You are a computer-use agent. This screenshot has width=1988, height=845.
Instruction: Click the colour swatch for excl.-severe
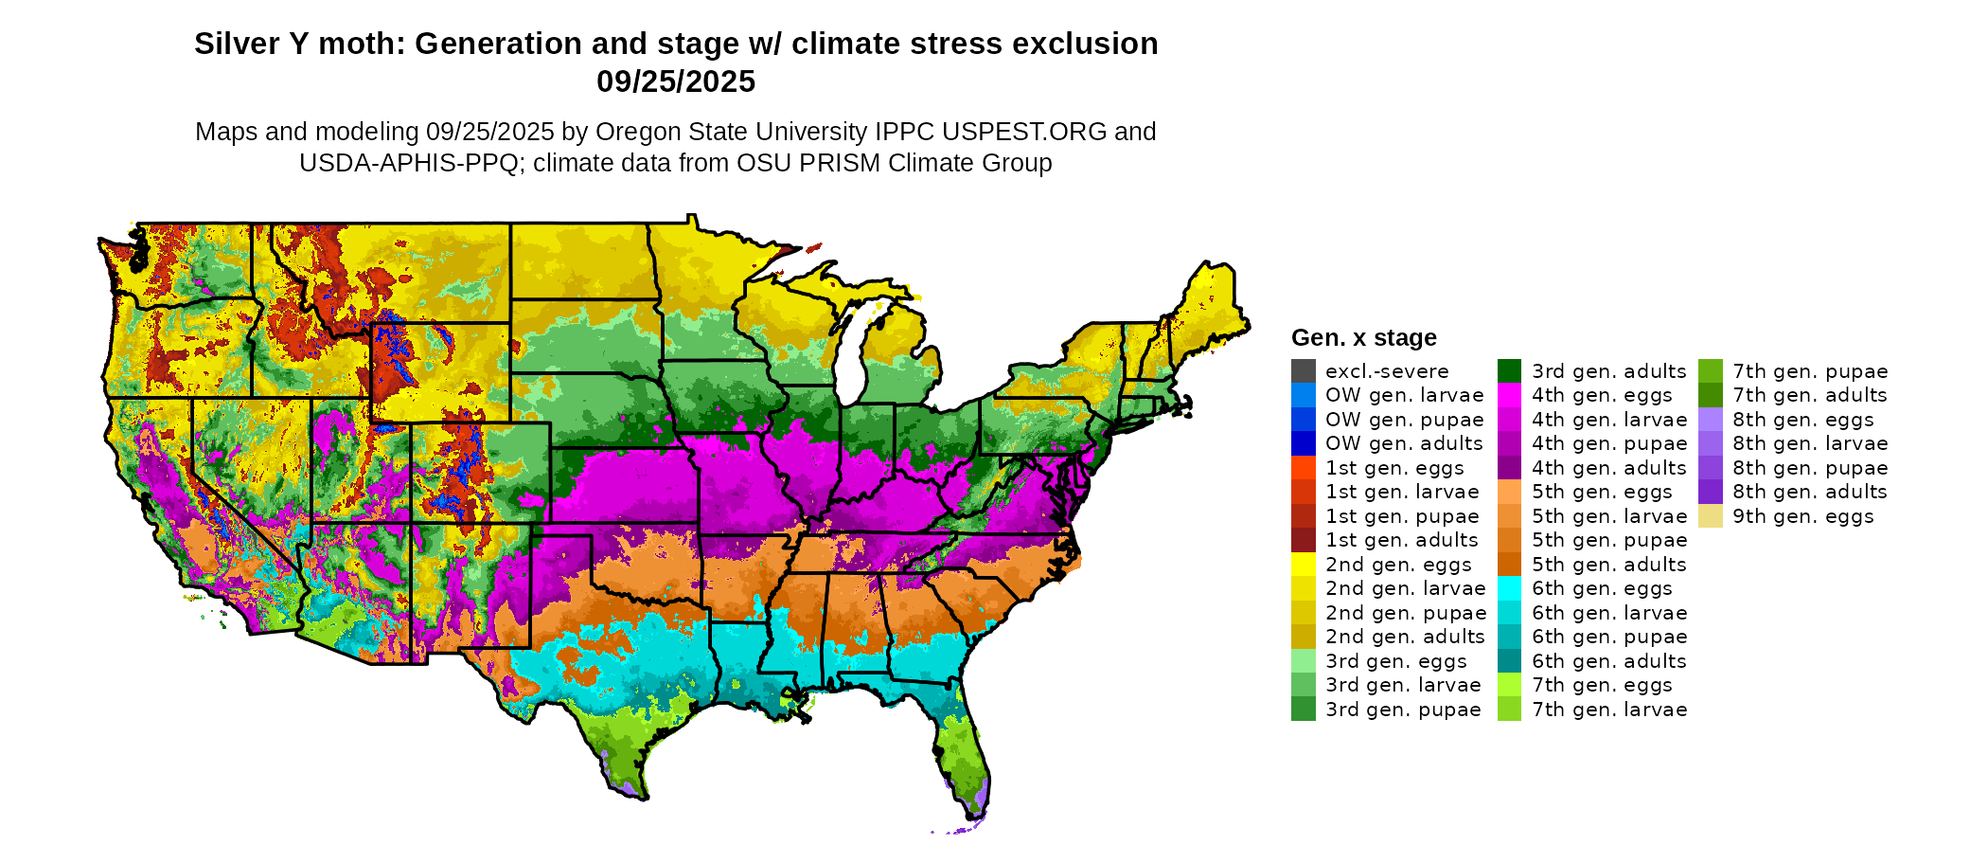tap(1303, 371)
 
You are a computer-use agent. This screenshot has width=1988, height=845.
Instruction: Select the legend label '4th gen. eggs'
tap(1602, 396)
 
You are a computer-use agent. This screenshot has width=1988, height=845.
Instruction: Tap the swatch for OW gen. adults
tap(1303, 443)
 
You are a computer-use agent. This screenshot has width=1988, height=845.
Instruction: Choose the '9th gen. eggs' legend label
tap(1802, 516)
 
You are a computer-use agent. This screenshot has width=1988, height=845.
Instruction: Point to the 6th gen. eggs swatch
tap(1509, 588)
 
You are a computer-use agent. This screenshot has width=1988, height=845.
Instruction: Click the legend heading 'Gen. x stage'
tap(1363, 338)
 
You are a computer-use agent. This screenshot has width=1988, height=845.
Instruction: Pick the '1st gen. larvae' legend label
tap(1401, 492)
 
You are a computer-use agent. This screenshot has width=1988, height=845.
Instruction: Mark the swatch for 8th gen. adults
tap(1710, 492)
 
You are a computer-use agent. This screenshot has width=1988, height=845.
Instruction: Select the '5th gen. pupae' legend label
tap(1609, 540)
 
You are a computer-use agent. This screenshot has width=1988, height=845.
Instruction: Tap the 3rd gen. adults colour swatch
tap(1509, 371)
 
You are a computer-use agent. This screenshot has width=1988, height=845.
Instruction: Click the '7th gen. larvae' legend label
tap(1609, 710)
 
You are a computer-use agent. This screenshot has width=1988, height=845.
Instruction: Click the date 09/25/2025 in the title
tap(676, 82)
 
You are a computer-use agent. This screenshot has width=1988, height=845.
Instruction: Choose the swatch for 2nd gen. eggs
tap(1303, 565)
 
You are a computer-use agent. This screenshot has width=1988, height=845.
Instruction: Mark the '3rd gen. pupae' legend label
tap(1402, 710)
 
